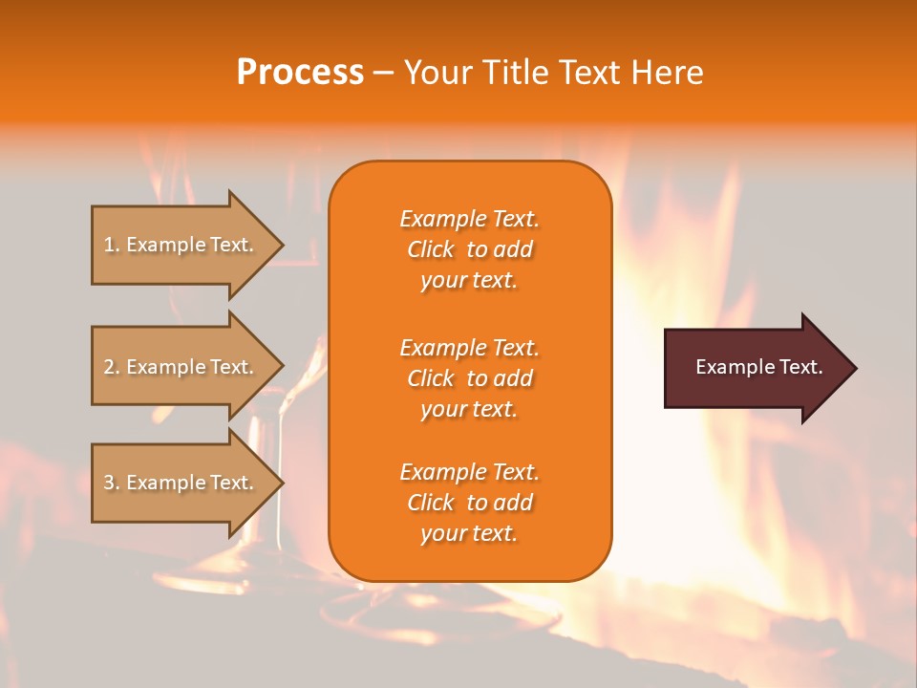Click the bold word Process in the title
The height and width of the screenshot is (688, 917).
pyautogui.click(x=300, y=73)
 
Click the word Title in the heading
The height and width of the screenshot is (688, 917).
pyautogui.click(x=517, y=73)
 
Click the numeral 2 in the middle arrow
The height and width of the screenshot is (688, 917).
pyautogui.click(x=109, y=367)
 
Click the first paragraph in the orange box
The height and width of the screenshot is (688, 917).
pyautogui.click(x=469, y=249)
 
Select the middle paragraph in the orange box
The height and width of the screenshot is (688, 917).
pyautogui.click(x=469, y=378)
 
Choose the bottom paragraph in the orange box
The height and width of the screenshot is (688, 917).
pyautogui.click(x=469, y=503)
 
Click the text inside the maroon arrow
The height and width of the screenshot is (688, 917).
pyautogui.click(x=758, y=367)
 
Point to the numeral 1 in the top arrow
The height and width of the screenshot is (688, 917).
pyautogui.click(x=109, y=245)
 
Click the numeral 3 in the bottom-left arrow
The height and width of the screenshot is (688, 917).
pyautogui.click(x=109, y=483)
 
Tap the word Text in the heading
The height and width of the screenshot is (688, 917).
pyautogui.click(x=587, y=73)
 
